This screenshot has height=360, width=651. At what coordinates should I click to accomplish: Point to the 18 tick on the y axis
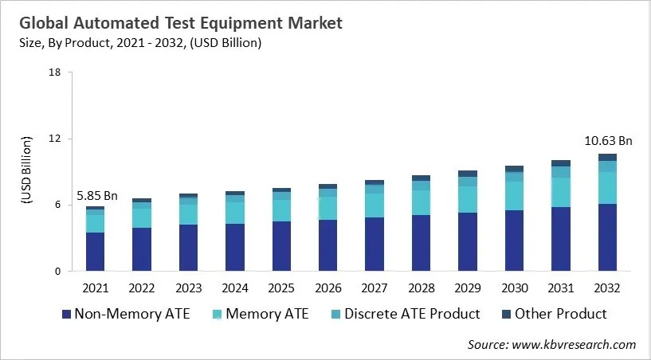point(55,72)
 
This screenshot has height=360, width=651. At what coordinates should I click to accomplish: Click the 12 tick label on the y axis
point(55,139)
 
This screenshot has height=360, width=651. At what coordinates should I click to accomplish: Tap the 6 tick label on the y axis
point(58,205)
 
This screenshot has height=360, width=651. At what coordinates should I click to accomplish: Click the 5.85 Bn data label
point(96,196)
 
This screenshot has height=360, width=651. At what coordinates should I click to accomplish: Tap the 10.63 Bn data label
point(608,141)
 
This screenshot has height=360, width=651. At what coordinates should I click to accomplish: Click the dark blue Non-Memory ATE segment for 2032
point(607,237)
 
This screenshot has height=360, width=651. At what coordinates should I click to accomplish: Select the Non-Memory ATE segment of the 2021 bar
point(96,252)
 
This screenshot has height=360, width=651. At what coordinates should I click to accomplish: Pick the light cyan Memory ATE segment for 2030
point(514,196)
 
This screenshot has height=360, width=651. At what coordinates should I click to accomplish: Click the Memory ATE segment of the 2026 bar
point(327,208)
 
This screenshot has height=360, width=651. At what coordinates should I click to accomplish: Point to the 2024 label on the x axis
point(235,287)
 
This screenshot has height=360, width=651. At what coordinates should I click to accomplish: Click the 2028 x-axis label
point(421,287)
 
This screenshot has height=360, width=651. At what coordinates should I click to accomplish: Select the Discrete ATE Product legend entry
point(410,313)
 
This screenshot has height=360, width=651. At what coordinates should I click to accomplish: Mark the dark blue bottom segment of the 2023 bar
point(189,248)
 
